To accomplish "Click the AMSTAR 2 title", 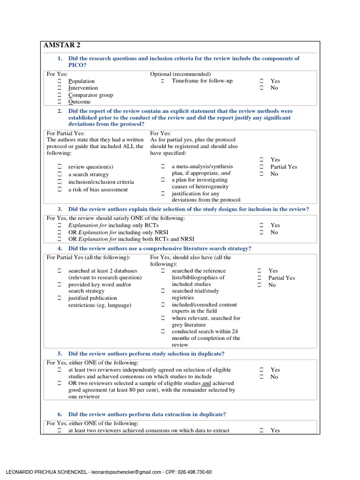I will point(62,45).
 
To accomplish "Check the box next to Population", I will point(60,81).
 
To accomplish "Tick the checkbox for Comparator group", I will point(60,95).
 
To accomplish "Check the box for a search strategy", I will point(60,174).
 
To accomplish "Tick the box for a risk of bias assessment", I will point(60,189).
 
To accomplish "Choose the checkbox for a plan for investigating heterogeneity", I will point(163,180).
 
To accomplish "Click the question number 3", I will point(60,209).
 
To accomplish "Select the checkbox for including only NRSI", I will point(60,232).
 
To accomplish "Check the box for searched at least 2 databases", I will point(60,271).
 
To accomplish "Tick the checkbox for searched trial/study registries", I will point(163,291).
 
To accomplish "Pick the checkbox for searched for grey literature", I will point(163,318).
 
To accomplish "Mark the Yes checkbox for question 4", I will point(260,271).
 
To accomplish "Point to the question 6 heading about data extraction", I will point(147,414).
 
